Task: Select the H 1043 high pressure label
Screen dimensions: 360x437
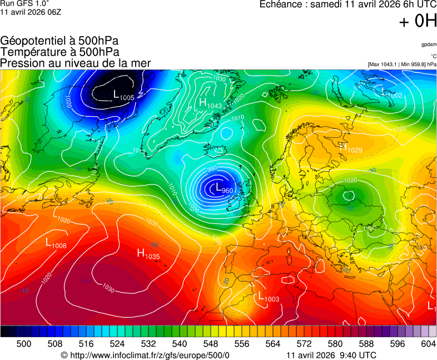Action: click(x=210, y=103)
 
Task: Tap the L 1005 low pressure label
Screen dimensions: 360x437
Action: click(x=123, y=96)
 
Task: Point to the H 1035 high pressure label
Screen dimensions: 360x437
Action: click(x=148, y=254)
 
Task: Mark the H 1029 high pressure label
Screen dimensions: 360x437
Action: click(x=350, y=148)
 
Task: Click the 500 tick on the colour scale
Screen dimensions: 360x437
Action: click(x=24, y=344)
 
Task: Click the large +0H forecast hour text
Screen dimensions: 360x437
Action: click(x=418, y=21)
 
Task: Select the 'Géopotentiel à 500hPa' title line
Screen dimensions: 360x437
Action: click(x=59, y=41)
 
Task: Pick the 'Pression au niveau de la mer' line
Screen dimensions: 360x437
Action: click(x=76, y=63)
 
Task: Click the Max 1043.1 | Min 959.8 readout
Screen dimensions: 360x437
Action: click(x=402, y=64)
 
